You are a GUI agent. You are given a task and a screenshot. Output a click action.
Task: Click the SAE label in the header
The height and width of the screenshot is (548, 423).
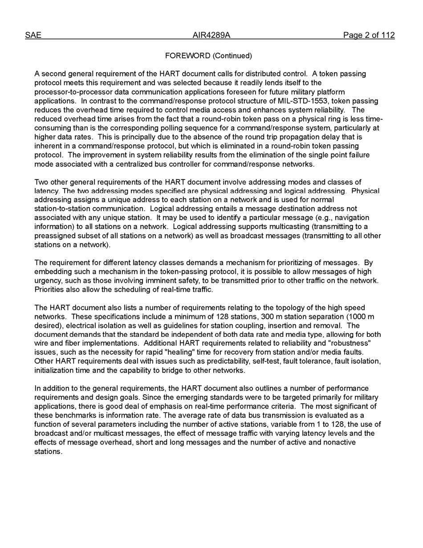point(33,35)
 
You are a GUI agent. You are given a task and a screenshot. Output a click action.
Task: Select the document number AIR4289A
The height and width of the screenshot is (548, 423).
point(211,35)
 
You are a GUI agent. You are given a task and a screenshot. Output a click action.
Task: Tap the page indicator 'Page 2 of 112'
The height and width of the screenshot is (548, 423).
point(368,35)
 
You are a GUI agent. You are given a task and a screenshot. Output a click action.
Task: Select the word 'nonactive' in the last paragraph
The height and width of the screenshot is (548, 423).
point(340,442)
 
